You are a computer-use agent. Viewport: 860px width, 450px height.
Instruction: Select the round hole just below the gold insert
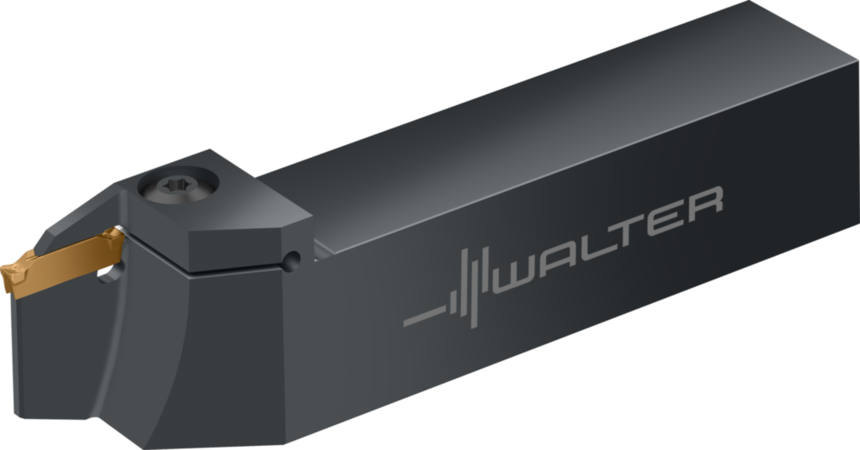112,272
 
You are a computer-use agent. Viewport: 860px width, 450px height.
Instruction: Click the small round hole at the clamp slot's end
291,261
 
